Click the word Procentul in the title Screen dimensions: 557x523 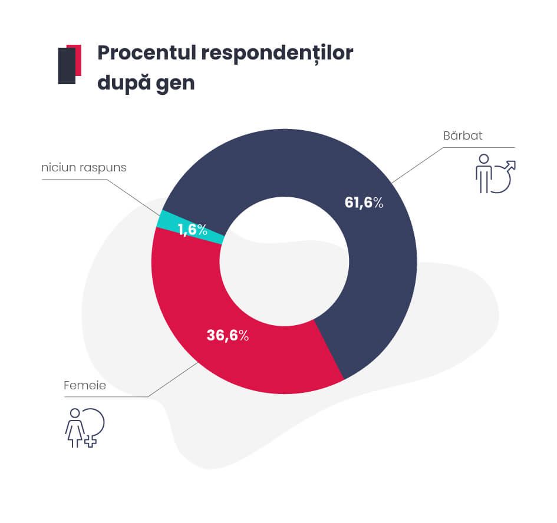[147, 54]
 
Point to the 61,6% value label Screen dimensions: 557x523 [364, 203]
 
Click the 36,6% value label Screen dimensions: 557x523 [228, 335]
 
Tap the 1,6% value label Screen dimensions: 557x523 [193, 230]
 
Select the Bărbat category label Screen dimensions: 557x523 [463, 135]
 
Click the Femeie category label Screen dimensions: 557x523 [85, 385]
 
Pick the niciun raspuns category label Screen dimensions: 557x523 [84, 168]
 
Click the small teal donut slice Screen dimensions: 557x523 [190, 227]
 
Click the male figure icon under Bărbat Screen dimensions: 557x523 [484, 174]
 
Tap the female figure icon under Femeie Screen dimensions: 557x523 [75, 428]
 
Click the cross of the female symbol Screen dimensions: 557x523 [91, 441]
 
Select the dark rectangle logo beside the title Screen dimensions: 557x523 [67, 66]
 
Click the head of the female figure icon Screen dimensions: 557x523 [75, 413]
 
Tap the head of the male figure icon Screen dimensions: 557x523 [484, 158]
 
